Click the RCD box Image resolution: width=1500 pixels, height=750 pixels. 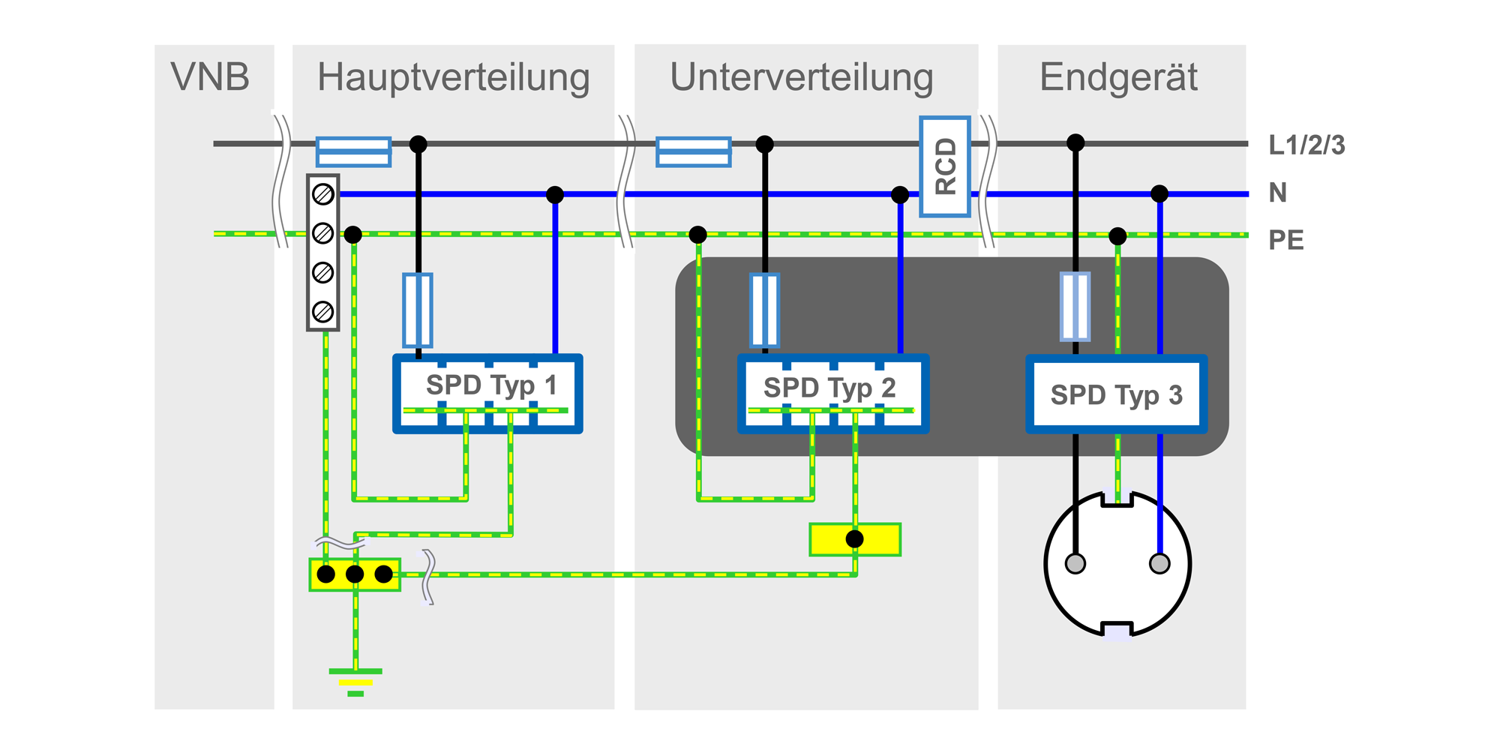(x=945, y=166)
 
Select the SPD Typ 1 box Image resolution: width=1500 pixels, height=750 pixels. (x=488, y=394)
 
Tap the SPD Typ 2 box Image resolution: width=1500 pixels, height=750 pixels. (x=832, y=394)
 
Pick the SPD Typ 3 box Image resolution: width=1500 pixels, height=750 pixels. (x=1116, y=394)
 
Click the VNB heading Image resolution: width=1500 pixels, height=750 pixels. (x=210, y=77)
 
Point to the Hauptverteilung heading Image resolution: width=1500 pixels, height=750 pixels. (x=453, y=77)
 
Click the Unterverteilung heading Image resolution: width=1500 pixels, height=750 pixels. (x=801, y=77)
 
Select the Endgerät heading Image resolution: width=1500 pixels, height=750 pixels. (x=1118, y=77)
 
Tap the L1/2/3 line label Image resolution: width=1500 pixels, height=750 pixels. (x=1306, y=145)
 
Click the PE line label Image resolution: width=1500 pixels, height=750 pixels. (x=1285, y=241)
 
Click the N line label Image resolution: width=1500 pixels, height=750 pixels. (x=1277, y=193)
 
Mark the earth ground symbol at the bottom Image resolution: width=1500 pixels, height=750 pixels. (x=355, y=681)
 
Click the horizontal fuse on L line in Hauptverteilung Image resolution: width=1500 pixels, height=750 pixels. (x=353, y=151)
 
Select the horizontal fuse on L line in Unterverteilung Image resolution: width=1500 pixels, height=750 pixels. (x=693, y=151)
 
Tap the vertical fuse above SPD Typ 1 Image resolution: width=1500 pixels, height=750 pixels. (x=418, y=310)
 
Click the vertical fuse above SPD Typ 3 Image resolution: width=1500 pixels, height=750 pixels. (x=1075, y=306)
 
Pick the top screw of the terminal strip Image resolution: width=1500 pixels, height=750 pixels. (x=323, y=195)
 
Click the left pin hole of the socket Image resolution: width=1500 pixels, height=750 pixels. (x=1075, y=563)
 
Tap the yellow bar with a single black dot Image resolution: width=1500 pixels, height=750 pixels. (x=855, y=539)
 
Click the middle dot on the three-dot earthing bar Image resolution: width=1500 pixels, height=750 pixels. (x=355, y=574)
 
